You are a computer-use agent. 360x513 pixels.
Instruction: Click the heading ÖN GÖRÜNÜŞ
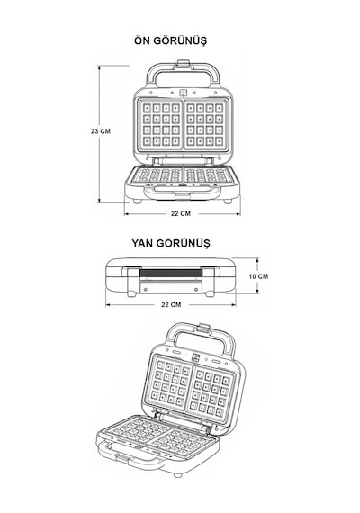tap(170, 40)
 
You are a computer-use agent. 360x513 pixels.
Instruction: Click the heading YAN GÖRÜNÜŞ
tap(171, 243)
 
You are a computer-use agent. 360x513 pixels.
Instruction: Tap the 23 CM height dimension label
tap(101, 131)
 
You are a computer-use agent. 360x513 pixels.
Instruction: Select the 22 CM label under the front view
tap(181, 213)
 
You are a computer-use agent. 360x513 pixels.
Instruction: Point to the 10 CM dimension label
tap(258, 276)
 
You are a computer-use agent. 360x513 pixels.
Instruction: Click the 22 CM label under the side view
tap(171, 304)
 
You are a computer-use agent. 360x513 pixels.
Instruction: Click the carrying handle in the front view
tap(183, 73)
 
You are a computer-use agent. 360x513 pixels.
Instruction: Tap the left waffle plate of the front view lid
tap(161, 125)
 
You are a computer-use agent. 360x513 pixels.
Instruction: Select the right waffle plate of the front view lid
tap(206, 125)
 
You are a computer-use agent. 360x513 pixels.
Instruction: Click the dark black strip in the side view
tap(171, 274)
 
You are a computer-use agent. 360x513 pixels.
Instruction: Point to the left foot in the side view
tap(131, 293)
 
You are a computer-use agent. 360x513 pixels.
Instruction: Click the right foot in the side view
tap(210, 293)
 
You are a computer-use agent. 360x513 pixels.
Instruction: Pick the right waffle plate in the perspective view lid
tap(211, 393)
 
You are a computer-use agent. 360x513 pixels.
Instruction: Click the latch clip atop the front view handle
tap(184, 64)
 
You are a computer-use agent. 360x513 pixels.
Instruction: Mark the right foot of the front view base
tap(228, 202)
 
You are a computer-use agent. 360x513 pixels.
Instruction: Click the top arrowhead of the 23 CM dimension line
tap(99, 67)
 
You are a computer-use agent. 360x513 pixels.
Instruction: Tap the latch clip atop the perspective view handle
tap(205, 328)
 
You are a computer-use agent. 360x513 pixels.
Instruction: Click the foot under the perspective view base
tap(177, 474)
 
